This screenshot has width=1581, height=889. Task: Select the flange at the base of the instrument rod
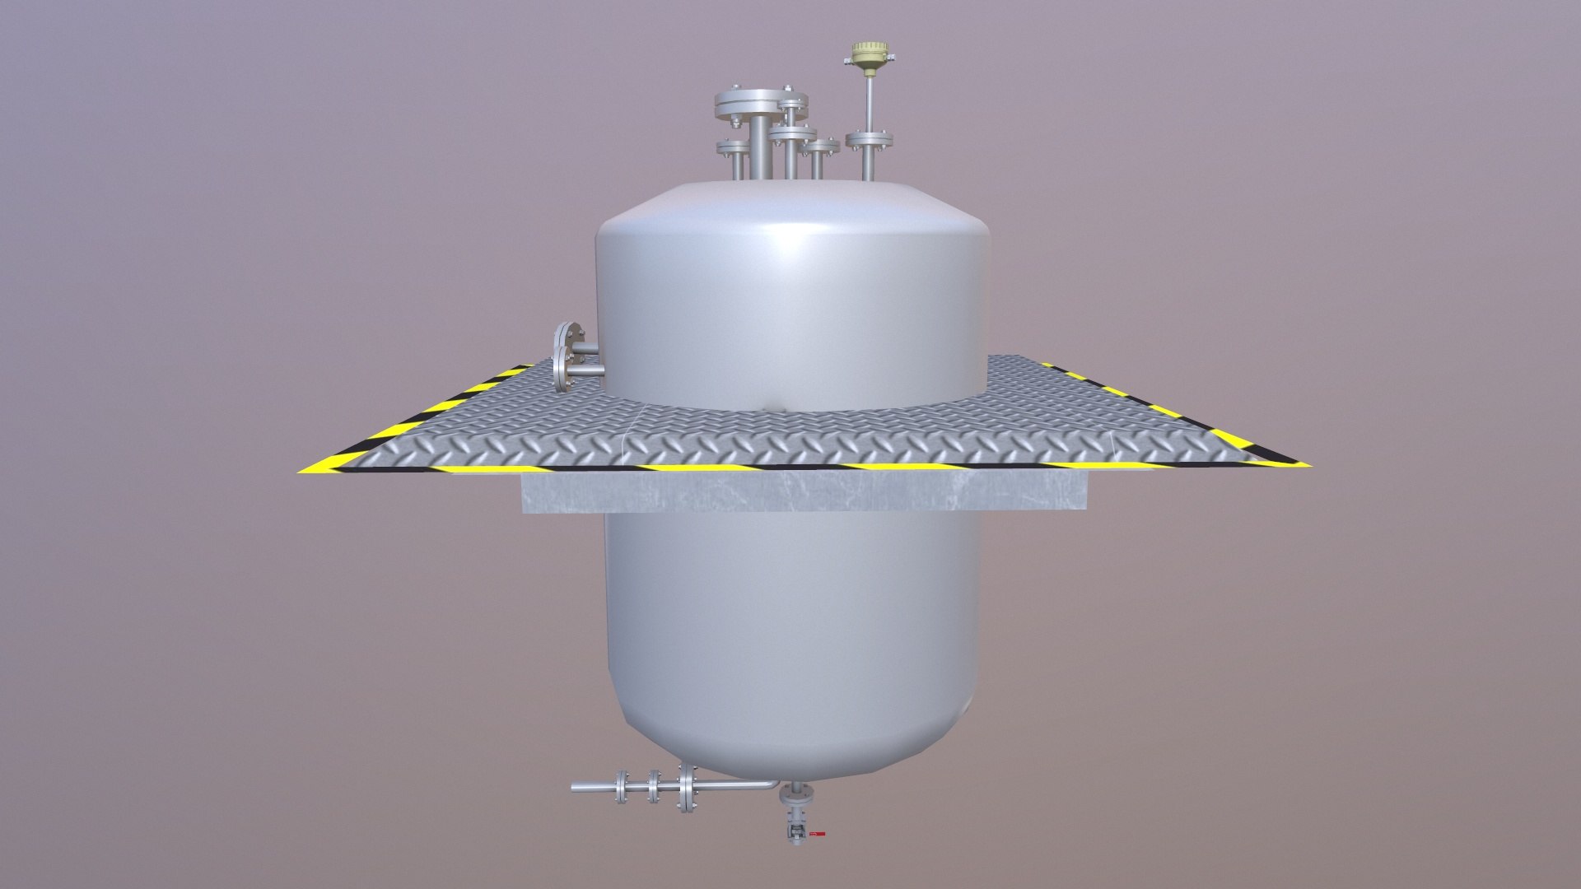(870, 139)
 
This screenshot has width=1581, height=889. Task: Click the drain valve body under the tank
(795, 827)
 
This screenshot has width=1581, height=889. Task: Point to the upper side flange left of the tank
(565, 338)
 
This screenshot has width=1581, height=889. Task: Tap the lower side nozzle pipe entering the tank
(587, 373)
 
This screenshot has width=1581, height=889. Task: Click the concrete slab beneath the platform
(805, 491)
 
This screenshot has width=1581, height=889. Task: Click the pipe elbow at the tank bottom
(769, 786)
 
